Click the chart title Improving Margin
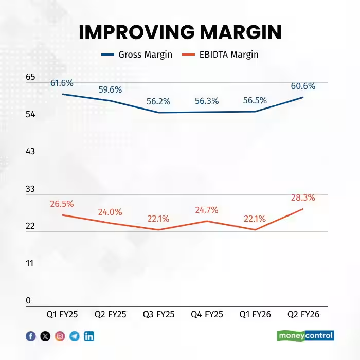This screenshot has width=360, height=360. (x=180, y=32)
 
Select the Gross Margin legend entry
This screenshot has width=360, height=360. (x=136, y=55)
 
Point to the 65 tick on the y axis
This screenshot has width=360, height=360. (x=31, y=77)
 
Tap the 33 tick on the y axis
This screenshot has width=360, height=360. (x=31, y=189)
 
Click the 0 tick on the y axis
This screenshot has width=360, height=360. (x=29, y=301)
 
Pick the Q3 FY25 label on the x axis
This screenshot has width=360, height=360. (x=158, y=314)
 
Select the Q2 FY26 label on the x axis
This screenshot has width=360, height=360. (x=303, y=314)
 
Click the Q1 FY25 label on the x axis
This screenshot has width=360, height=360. (x=62, y=314)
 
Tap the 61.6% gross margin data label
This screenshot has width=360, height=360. (x=62, y=83)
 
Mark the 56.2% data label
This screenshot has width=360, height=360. (x=158, y=102)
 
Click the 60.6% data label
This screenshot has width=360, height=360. (x=303, y=86)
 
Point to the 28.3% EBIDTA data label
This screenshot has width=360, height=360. (x=303, y=197)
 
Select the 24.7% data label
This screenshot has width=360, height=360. (x=207, y=210)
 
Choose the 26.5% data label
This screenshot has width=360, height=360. (x=62, y=204)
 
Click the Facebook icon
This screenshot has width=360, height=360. (x=31, y=336)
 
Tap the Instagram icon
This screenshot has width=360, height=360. (x=60, y=336)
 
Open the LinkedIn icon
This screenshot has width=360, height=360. (x=89, y=336)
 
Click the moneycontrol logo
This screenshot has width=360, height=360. (x=306, y=336)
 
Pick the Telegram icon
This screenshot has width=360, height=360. (x=75, y=336)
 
